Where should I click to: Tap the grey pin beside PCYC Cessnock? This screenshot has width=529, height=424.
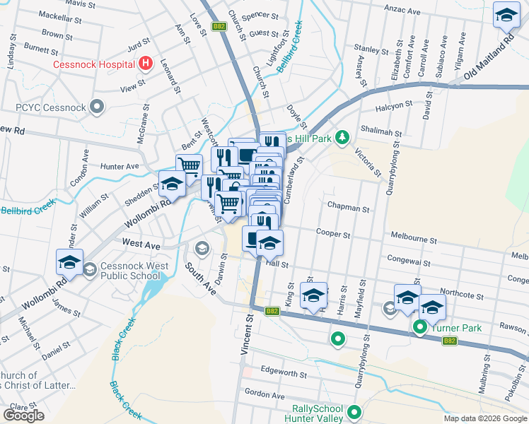point(97,108)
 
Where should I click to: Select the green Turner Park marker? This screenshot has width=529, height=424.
point(419,327)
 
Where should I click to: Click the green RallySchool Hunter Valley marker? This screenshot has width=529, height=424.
point(354,412)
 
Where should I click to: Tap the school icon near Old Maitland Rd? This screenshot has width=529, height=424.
point(506,16)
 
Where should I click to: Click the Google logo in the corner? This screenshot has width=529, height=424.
point(23,416)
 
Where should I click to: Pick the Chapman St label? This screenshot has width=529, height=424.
point(348,209)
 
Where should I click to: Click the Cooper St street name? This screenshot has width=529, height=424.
point(333,233)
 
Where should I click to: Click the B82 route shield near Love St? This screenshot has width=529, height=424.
point(220,27)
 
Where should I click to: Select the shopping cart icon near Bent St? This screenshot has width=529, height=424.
point(189,166)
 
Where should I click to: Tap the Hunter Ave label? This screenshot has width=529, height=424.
point(120,166)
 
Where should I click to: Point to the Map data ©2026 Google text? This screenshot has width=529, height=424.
point(486,418)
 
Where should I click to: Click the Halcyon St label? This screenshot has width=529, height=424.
point(395,104)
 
